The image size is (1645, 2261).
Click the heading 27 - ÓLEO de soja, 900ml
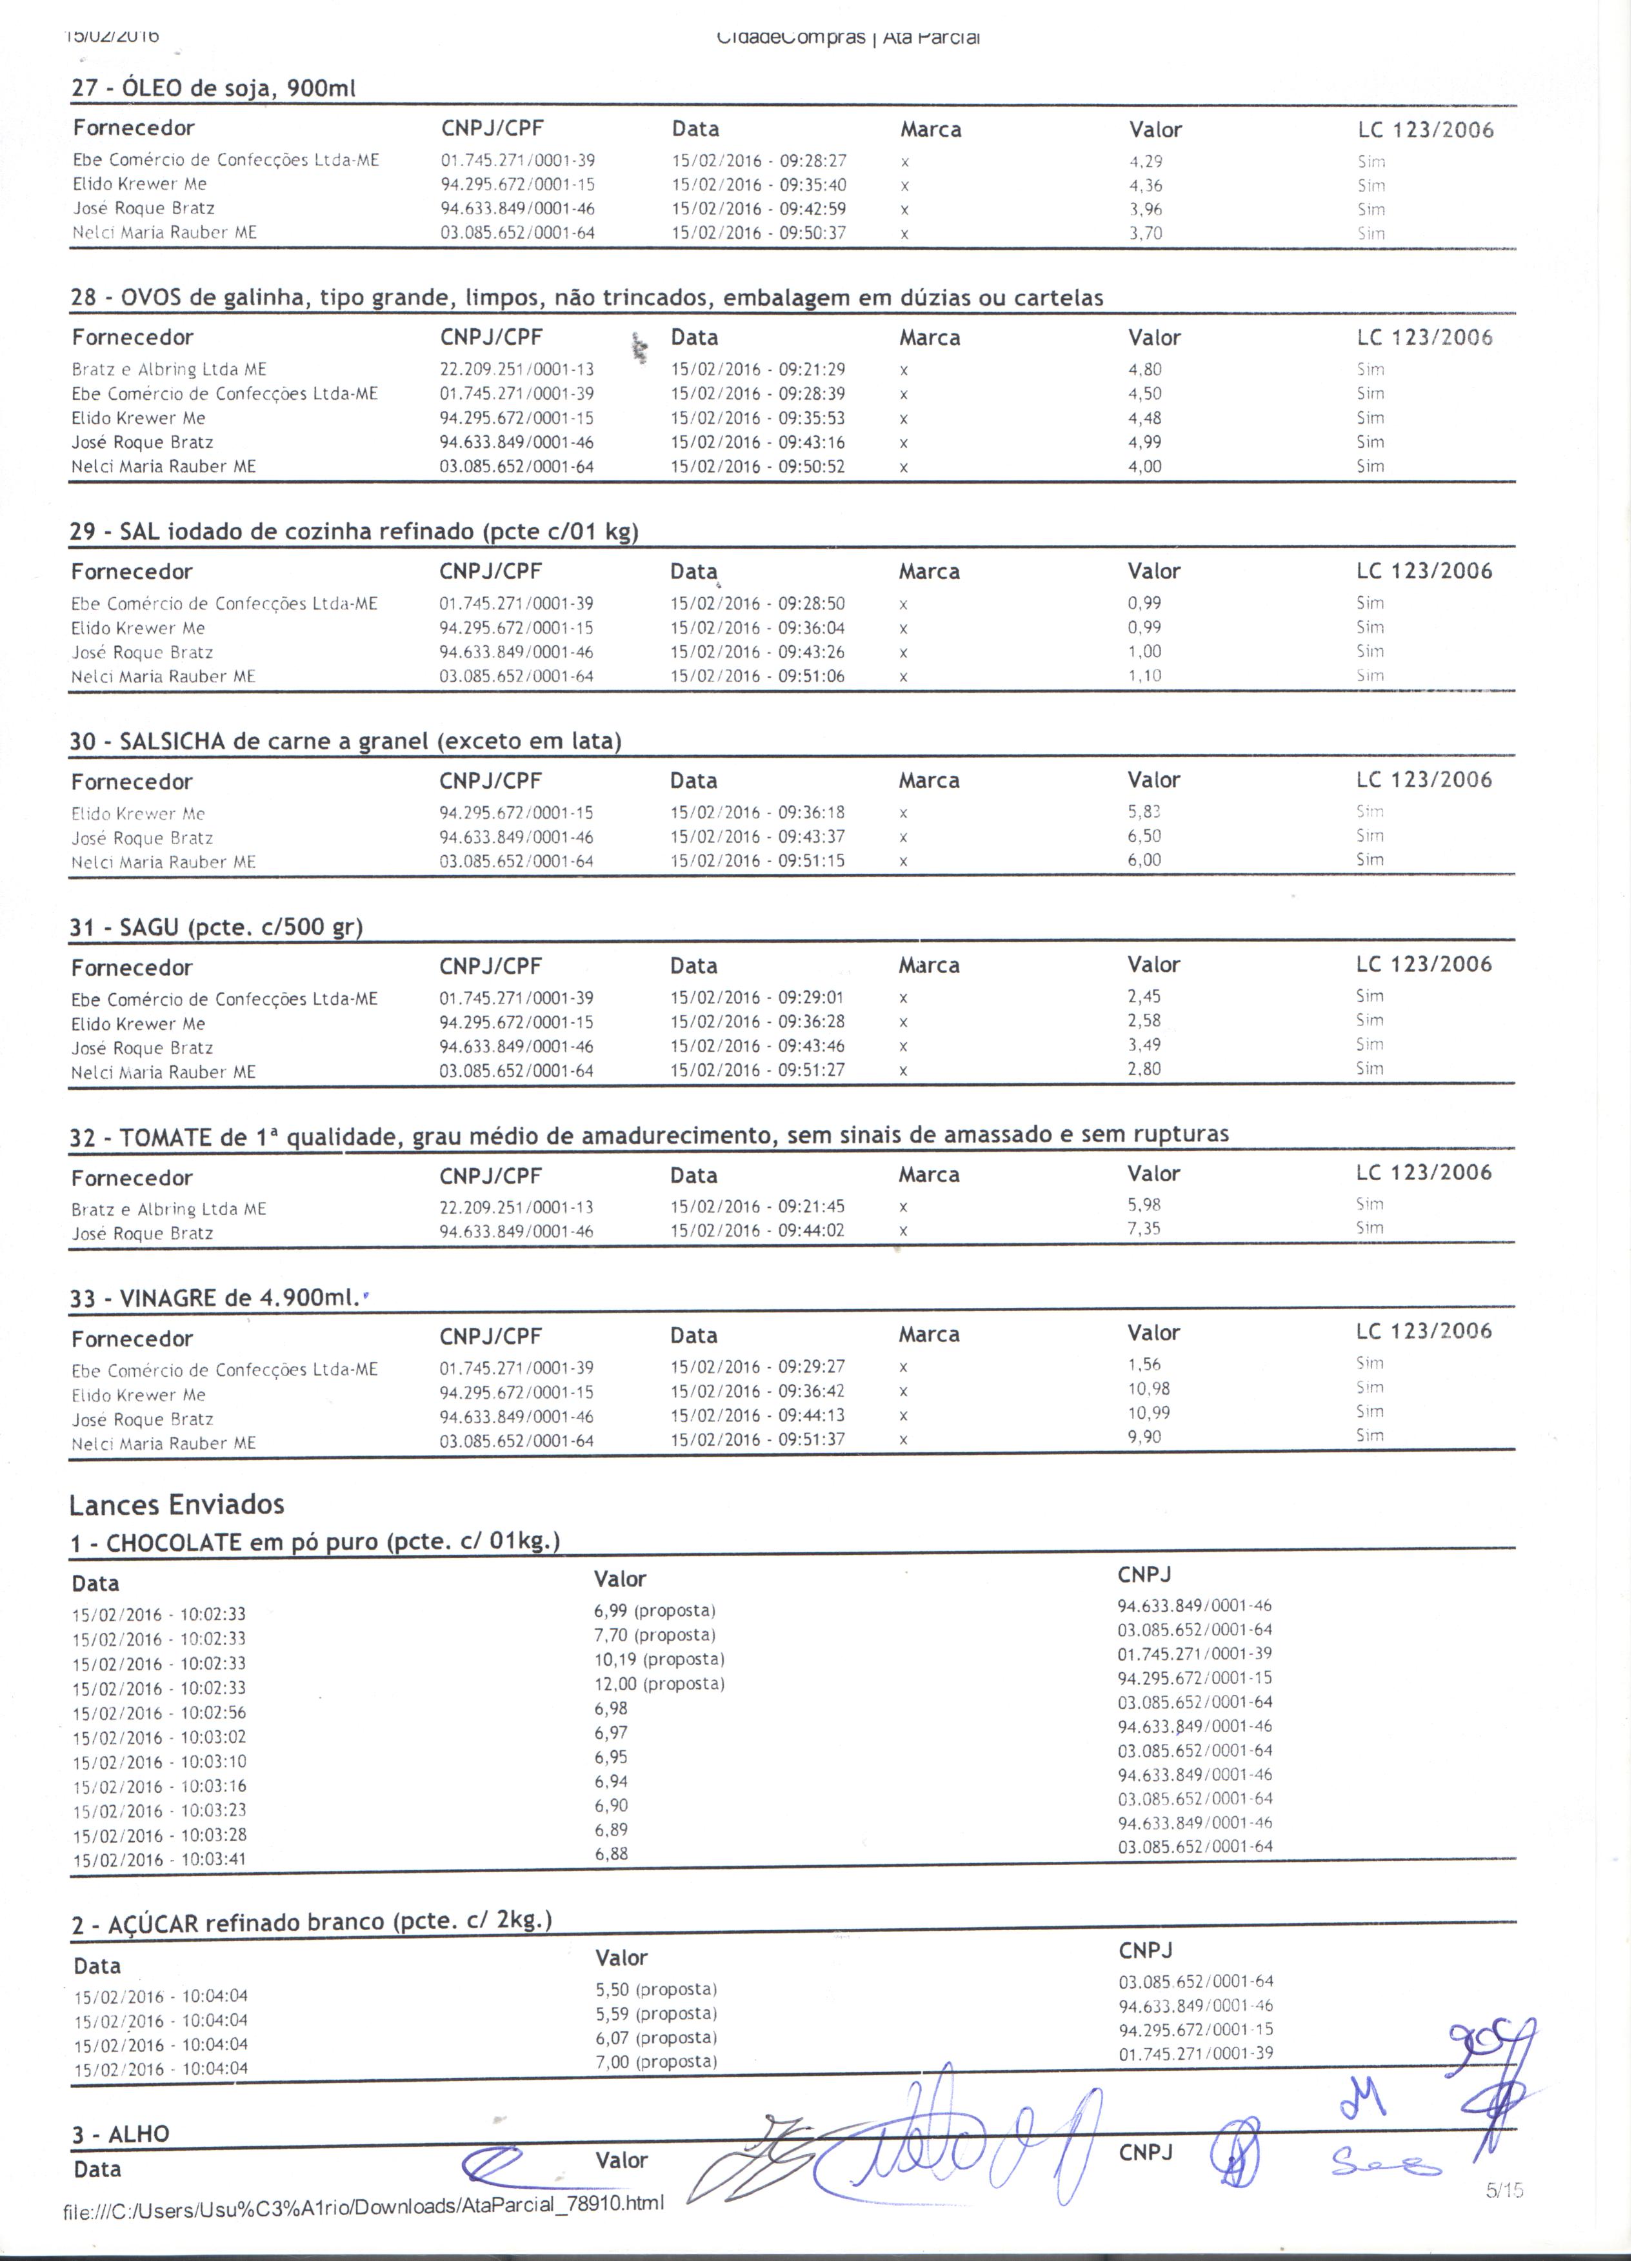(214, 89)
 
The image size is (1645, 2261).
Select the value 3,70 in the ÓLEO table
(1146, 234)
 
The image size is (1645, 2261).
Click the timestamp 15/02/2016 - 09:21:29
(758, 370)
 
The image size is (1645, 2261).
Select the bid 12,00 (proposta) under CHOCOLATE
(659, 1684)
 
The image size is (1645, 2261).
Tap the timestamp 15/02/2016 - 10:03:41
(159, 1861)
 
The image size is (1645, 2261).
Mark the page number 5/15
(1504, 2190)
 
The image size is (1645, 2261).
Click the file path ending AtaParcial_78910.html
(363, 2203)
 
